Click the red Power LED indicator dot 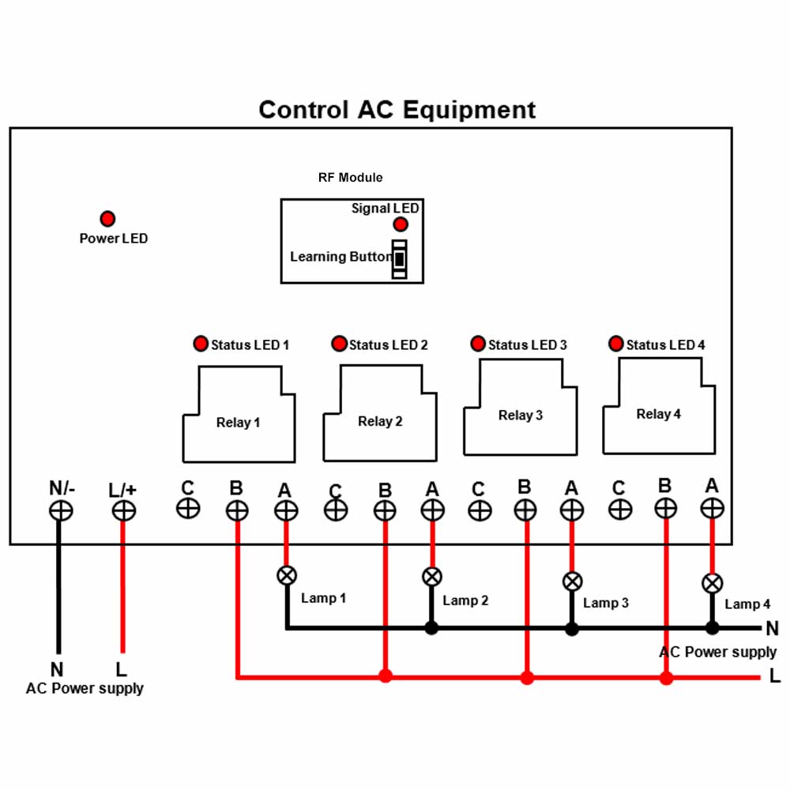tap(107, 219)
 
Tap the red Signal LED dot tap(401, 224)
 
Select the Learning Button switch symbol tap(400, 259)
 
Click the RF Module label tap(350, 177)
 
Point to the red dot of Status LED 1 tap(201, 344)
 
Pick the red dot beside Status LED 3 tap(478, 344)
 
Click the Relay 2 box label tap(380, 421)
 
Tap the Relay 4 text tap(659, 414)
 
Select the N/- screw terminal tap(61, 511)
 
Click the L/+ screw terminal tap(123, 511)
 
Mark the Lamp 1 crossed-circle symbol tap(287, 575)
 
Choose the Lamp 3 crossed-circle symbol tap(572, 582)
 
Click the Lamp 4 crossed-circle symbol tap(712, 584)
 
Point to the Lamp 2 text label tap(465, 600)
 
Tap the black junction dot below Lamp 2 tap(431, 628)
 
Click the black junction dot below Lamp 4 tap(712, 628)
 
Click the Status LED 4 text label tap(665, 344)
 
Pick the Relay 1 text tap(238, 422)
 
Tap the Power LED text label tap(113, 239)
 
